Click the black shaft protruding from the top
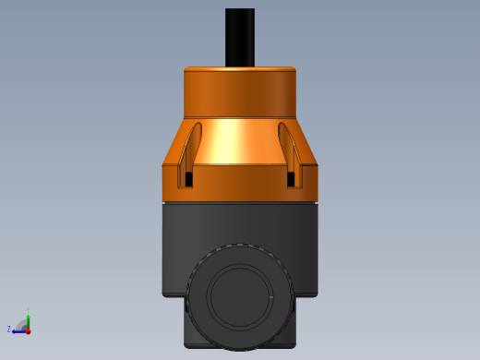point(240,37)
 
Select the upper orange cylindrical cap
point(240,92)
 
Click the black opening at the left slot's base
point(189,178)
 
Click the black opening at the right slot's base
point(292,178)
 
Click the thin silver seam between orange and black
point(240,201)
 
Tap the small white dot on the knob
point(272,298)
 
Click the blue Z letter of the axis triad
point(9,329)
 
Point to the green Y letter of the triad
point(29,310)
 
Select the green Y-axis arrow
point(29,320)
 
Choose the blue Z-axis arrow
point(18,330)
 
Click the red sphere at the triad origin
point(29,330)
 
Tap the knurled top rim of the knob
point(240,246)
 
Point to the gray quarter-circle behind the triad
point(22,325)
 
